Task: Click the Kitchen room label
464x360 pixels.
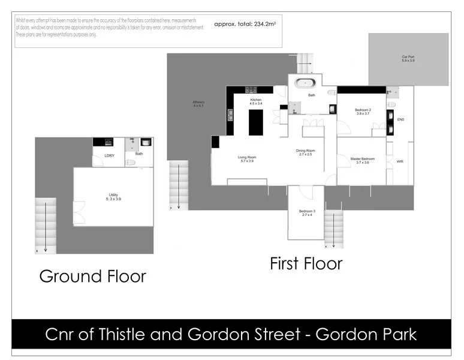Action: pos(256,100)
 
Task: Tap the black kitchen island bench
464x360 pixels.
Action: pos(256,122)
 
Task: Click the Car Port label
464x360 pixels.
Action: pos(408,58)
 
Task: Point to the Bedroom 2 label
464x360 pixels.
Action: pos(363,110)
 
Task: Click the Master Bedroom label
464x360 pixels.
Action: pos(362,159)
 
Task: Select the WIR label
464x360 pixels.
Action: pos(400,161)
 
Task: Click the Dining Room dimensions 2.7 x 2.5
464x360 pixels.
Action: pos(306,154)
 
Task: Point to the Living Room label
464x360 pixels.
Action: pos(247,157)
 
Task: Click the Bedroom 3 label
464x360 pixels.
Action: pos(308,211)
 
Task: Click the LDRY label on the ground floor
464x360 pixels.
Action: pos(109,156)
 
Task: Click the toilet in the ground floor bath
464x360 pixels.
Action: pos(130,162)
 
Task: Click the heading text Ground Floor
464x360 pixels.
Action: pos(92,276)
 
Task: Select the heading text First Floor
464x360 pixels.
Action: pos(306,263)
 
